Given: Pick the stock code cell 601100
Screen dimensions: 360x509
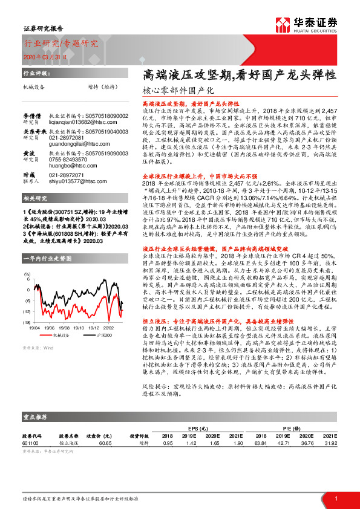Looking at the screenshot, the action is click(30, 443).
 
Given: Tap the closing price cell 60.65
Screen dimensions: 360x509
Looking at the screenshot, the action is click(106, 443).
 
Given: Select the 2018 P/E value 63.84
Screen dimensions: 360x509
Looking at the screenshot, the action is click(261, 443).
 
